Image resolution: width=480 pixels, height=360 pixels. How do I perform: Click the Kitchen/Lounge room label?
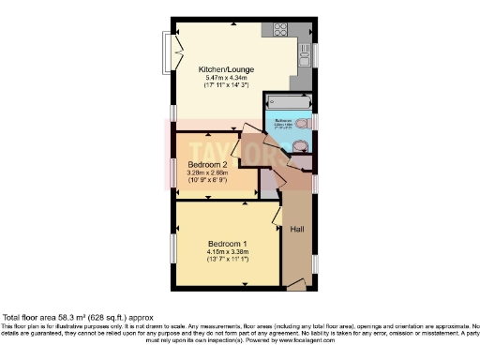pyautogui.click(x=231, y=69)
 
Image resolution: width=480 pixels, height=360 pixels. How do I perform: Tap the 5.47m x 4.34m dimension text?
pyautogui.click(x=231, y=78)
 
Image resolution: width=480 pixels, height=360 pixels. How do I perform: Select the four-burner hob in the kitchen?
pyautogui.click(x=279, y=29)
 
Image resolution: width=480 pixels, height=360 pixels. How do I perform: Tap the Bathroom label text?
pyautogui.click(x=281, y=119)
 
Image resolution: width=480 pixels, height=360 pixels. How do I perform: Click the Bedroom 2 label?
pyautogui.click(x=208, y=163)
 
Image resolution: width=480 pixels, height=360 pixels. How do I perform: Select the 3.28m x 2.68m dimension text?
pyautogui.click(x=208, y=172)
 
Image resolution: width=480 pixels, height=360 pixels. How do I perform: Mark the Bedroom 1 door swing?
pyautogui.click(x=277, y=216)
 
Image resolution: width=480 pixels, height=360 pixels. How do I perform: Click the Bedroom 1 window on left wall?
pyautogui.click(x=173, y=246)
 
